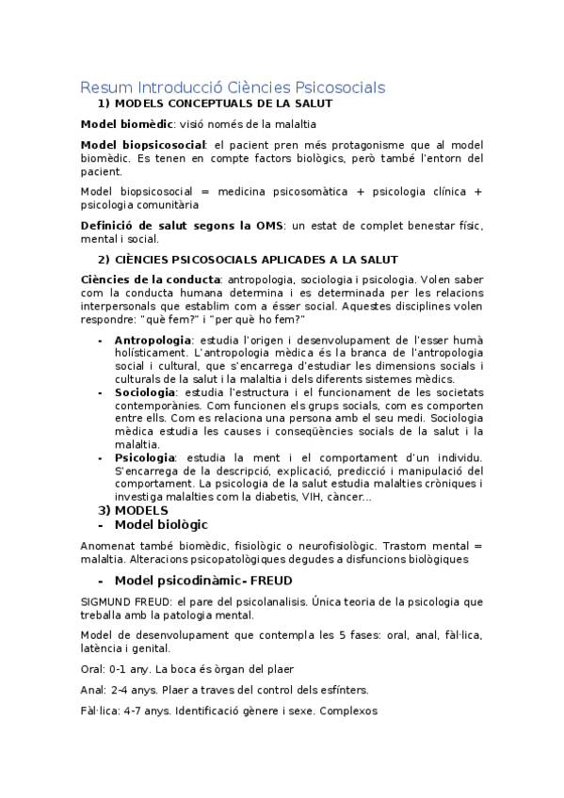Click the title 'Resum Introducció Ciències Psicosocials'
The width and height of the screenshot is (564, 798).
click(233, 88)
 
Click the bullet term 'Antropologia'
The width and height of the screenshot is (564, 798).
click(153, 340)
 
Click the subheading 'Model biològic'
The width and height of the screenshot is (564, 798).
click(160, 524)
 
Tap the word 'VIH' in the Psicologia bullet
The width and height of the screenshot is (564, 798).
click(312, 497)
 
